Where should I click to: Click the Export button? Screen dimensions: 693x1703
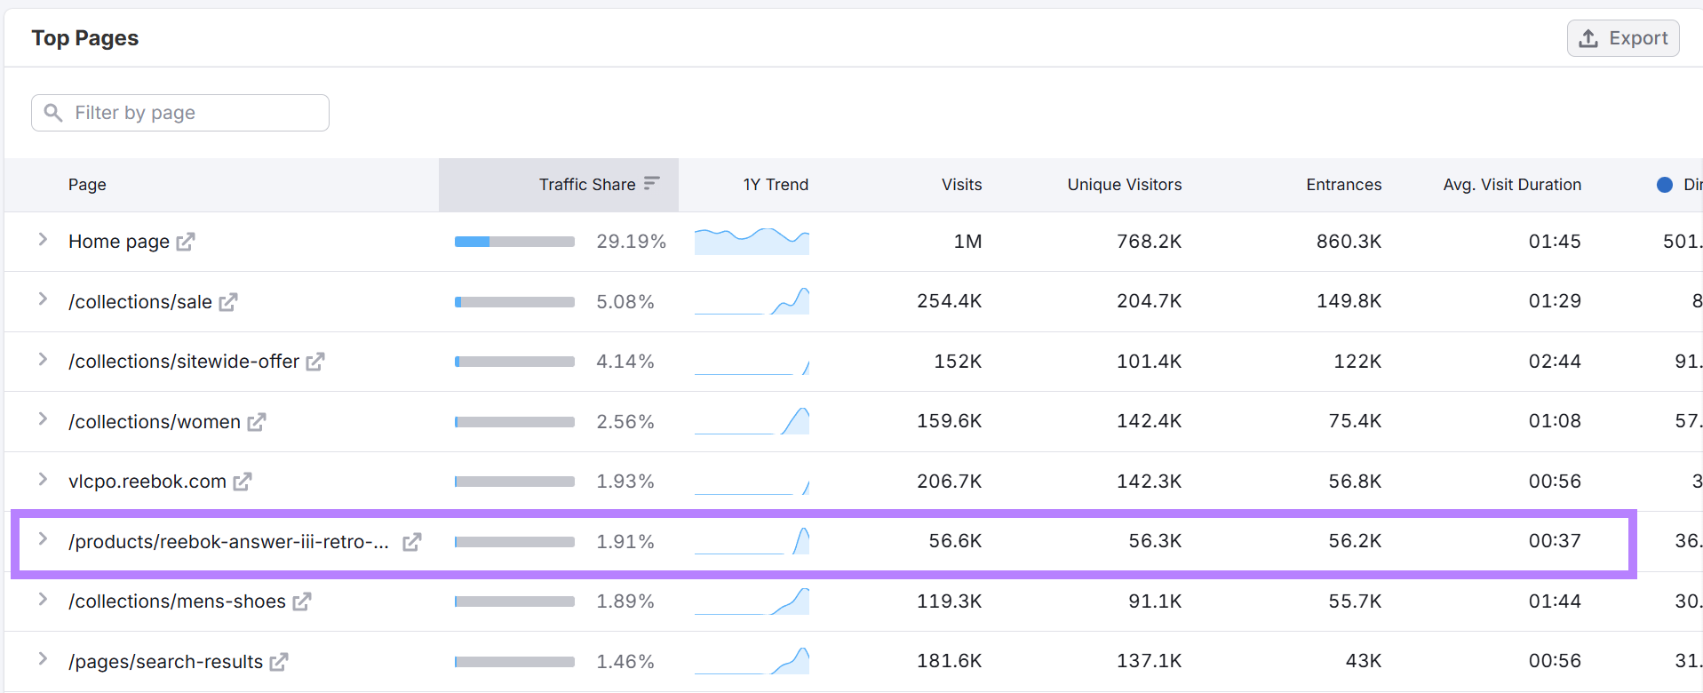point(1623,38)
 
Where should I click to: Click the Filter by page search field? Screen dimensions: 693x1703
point(180,113)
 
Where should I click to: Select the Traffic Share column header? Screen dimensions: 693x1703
point(587,185)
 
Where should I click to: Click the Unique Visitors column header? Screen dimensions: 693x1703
point(1124,185)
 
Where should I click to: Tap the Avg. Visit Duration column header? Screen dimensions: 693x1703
point(1511,185)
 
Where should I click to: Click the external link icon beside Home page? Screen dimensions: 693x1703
point(186,242)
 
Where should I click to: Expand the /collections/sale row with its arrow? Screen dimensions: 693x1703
point(43,300)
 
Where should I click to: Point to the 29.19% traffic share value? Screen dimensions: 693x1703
point(631,242)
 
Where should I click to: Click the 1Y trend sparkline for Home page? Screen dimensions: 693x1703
point(752,241)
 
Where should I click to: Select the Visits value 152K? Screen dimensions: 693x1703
point(958,362)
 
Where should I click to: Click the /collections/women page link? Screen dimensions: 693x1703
point(155,422)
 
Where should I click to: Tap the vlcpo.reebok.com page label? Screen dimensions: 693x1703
point(147,482)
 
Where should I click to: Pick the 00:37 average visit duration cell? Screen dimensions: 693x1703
point(1554,541)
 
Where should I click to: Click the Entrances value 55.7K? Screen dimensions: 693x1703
point(1355,601)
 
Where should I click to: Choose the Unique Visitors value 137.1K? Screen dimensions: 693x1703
point(1149,661)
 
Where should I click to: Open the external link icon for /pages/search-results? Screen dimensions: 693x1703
point(279,662)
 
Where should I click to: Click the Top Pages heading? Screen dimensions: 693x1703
point(85,38)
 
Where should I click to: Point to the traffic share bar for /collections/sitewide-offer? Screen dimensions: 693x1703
point(514,362)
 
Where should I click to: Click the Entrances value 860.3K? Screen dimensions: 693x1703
point(1349,242)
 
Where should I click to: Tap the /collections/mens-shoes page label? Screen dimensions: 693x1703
point(177,601)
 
